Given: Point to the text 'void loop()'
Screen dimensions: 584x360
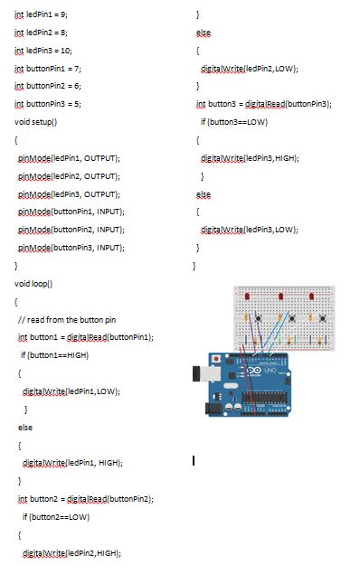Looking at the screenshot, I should pyautogui.click(x=33, y=283).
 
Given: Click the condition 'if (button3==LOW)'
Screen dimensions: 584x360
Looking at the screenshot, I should pyautogui.click(x=233, y=121).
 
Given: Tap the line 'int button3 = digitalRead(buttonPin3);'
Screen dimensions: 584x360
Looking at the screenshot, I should pyautogui.click(x=263, y=104).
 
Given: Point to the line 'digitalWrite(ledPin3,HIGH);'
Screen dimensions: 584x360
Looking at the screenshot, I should pyautogui.click(x=250, y=157).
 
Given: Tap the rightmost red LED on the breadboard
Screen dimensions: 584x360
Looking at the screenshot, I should pyautogui.click(x=311, y=296).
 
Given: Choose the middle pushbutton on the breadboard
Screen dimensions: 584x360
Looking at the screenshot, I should pyautogui.click(x=291, y=318).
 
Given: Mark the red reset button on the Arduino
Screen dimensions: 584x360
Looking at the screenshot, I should pyautogui.click(x=214, y=358).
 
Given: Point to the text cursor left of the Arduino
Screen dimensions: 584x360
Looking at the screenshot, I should pyautogui.click(x=193, y=460).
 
